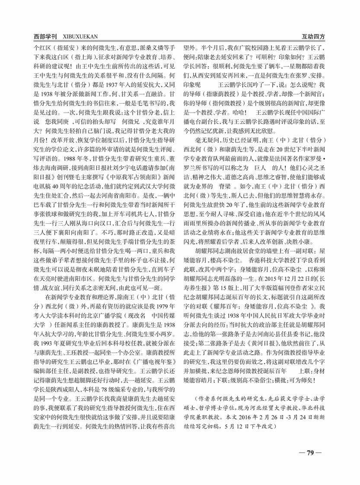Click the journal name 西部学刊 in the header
(43, 37)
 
